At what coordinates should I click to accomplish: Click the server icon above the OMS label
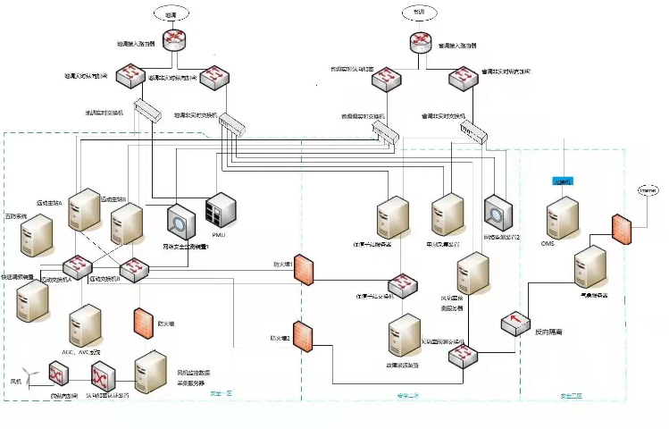[x=563, y=216]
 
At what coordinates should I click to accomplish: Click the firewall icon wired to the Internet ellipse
[x=623, y=228]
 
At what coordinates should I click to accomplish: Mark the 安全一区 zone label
[x=219, y=393]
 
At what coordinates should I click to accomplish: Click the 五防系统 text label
[x=17, y=216]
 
